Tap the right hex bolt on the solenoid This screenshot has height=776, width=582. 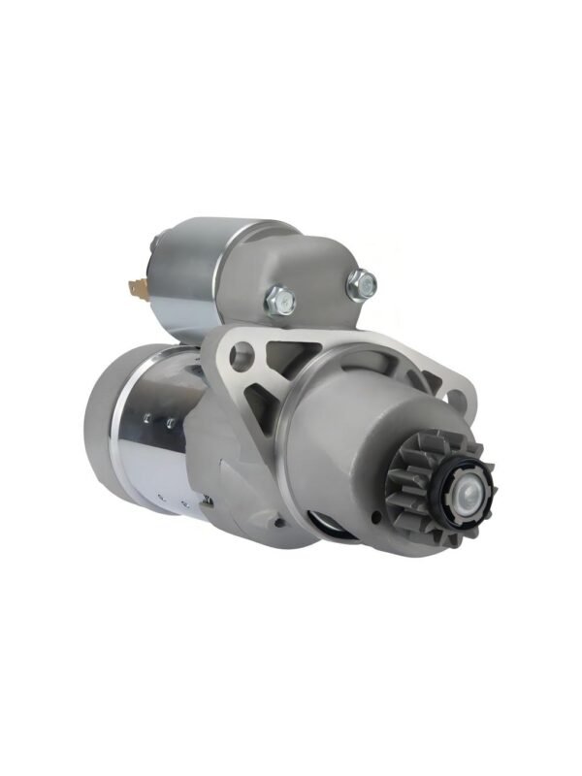[x=361, y=284]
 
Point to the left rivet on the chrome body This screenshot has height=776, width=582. [x=146, y=419]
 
